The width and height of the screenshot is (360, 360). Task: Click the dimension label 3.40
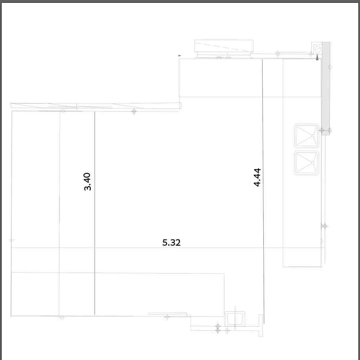click(88, 182)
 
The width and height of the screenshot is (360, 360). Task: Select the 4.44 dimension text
click(257, 177)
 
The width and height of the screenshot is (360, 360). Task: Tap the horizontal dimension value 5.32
click(171, 243)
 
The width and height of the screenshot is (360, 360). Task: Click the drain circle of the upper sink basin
click(313, 136)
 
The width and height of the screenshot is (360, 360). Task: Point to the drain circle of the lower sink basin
click(313, 163)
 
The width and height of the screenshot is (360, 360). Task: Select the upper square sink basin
click(307, 136)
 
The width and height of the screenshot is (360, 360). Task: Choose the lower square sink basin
click(307, 163)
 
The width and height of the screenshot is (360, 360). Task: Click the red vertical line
click(235, 318)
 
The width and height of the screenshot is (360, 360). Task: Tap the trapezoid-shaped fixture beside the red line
click(235, 318)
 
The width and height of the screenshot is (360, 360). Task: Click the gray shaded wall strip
click(326, 89)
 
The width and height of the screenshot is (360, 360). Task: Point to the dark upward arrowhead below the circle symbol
click(317, 57)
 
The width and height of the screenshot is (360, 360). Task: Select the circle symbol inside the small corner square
click(318, 49)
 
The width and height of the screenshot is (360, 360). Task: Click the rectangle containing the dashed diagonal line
click(224, 46)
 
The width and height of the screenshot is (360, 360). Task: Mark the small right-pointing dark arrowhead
click(180, 56)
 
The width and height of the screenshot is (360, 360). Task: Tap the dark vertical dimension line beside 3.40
click(95, 213)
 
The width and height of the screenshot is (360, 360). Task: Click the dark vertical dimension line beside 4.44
click(263, 191)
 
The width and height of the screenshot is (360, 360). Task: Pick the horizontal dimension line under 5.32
click(168, 248)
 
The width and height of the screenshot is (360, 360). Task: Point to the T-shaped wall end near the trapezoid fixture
click(261, 325)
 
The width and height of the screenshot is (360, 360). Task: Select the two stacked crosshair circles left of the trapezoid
click(218, 328)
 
